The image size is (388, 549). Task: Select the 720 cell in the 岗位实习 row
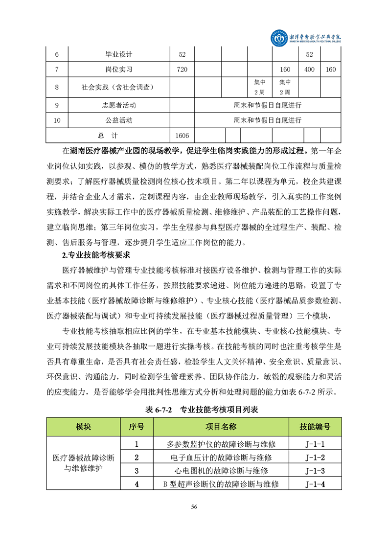[182, 69]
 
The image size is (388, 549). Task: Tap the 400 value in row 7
[309, 69]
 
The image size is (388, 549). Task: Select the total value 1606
[182, 136]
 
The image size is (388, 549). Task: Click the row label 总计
[108, 136]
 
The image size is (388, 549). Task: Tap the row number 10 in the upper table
[57, 120]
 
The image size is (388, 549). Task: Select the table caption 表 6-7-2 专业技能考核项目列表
[194, 410]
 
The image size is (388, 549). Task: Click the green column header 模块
[83, 427]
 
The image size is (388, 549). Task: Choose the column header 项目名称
[221, 427]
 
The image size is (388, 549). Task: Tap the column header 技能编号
[315, 427]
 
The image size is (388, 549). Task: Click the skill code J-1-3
[315, 471]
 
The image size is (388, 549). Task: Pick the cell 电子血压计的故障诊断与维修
[221, 457]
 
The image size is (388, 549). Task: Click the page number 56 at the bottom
[194, 507]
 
